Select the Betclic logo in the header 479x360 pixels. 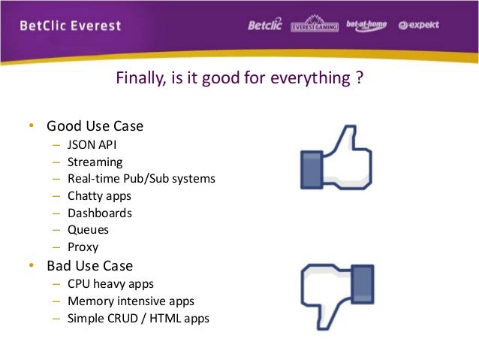click(x=265, y=25)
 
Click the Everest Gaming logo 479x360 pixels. click(x=315, y=25)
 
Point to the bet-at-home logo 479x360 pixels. click(x=366, y=25)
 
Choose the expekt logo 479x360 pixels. click(x=419, y=25)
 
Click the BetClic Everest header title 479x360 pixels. click(x=71, y=26)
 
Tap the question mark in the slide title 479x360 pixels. click(x=360, y=77)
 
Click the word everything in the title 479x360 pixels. click(x=310, y=79)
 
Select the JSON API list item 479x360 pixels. click(x=92, y=144)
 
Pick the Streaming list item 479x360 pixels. click(x=95, y=162)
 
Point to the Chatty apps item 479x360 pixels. click(x=99, y=196)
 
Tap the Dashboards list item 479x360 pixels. click(x=100, y=213)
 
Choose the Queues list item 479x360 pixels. click(x=89, y=230)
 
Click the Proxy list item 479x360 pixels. click(x=83, y=247)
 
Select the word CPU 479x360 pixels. click(x=79, y=284)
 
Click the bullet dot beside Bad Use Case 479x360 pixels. click(x=32, y=265)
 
